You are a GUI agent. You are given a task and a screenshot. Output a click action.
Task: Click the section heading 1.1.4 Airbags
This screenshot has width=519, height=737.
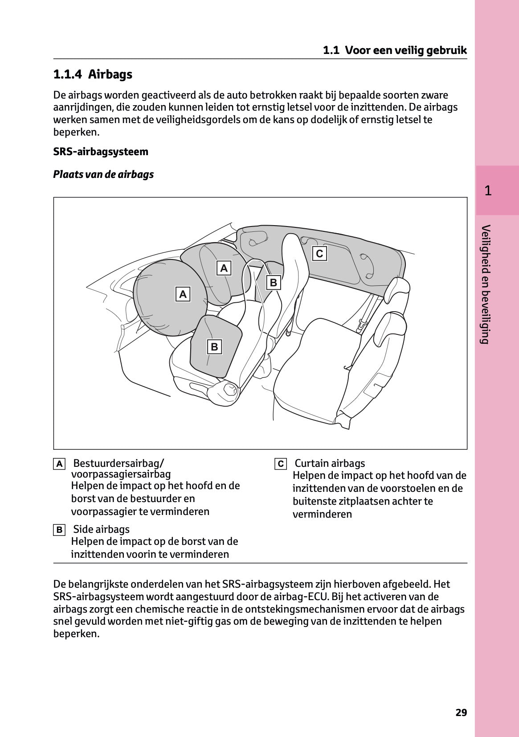pos(93,74)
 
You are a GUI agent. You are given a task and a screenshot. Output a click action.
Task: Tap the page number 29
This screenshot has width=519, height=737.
pos(461,712)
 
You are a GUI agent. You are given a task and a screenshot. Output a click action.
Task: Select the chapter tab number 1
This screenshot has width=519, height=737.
pos(488,191)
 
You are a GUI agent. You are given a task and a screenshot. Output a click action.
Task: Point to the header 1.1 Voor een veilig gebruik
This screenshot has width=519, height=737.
pos(395,50)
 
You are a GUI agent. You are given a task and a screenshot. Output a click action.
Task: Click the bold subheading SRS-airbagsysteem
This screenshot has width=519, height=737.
pos(101,152)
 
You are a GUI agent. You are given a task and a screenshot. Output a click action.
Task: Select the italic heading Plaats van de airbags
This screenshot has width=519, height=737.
pos(103,174)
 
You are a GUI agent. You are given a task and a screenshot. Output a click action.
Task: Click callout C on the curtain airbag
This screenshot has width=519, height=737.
pos(319,254)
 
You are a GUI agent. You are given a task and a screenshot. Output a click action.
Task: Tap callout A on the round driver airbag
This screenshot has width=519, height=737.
pos(183,294)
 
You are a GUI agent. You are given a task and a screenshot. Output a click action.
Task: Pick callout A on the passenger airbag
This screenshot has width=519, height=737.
pos(224,268)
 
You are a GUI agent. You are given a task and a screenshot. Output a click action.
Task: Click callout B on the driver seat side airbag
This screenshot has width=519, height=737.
pos(214,346)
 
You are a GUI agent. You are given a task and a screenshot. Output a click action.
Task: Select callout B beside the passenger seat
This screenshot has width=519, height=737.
pos(274,282)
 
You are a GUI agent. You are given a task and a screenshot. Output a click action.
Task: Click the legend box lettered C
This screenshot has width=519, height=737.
pos(281,464)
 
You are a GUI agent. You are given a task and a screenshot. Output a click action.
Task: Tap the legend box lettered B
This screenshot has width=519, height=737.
pos(59,530)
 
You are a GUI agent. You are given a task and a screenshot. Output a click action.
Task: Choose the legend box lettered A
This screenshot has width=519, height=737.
pos(59,464)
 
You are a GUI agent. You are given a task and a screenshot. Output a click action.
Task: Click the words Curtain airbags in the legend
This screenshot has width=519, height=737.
pos(330,463)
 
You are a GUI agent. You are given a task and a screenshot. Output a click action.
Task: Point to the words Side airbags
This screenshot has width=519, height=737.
pos(101,529)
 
